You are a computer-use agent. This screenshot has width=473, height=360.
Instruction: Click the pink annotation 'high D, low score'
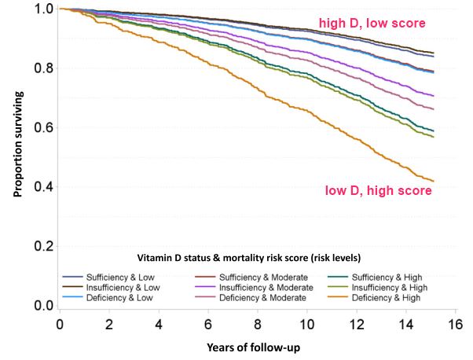371,24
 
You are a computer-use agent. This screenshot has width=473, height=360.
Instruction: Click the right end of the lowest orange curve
434,182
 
